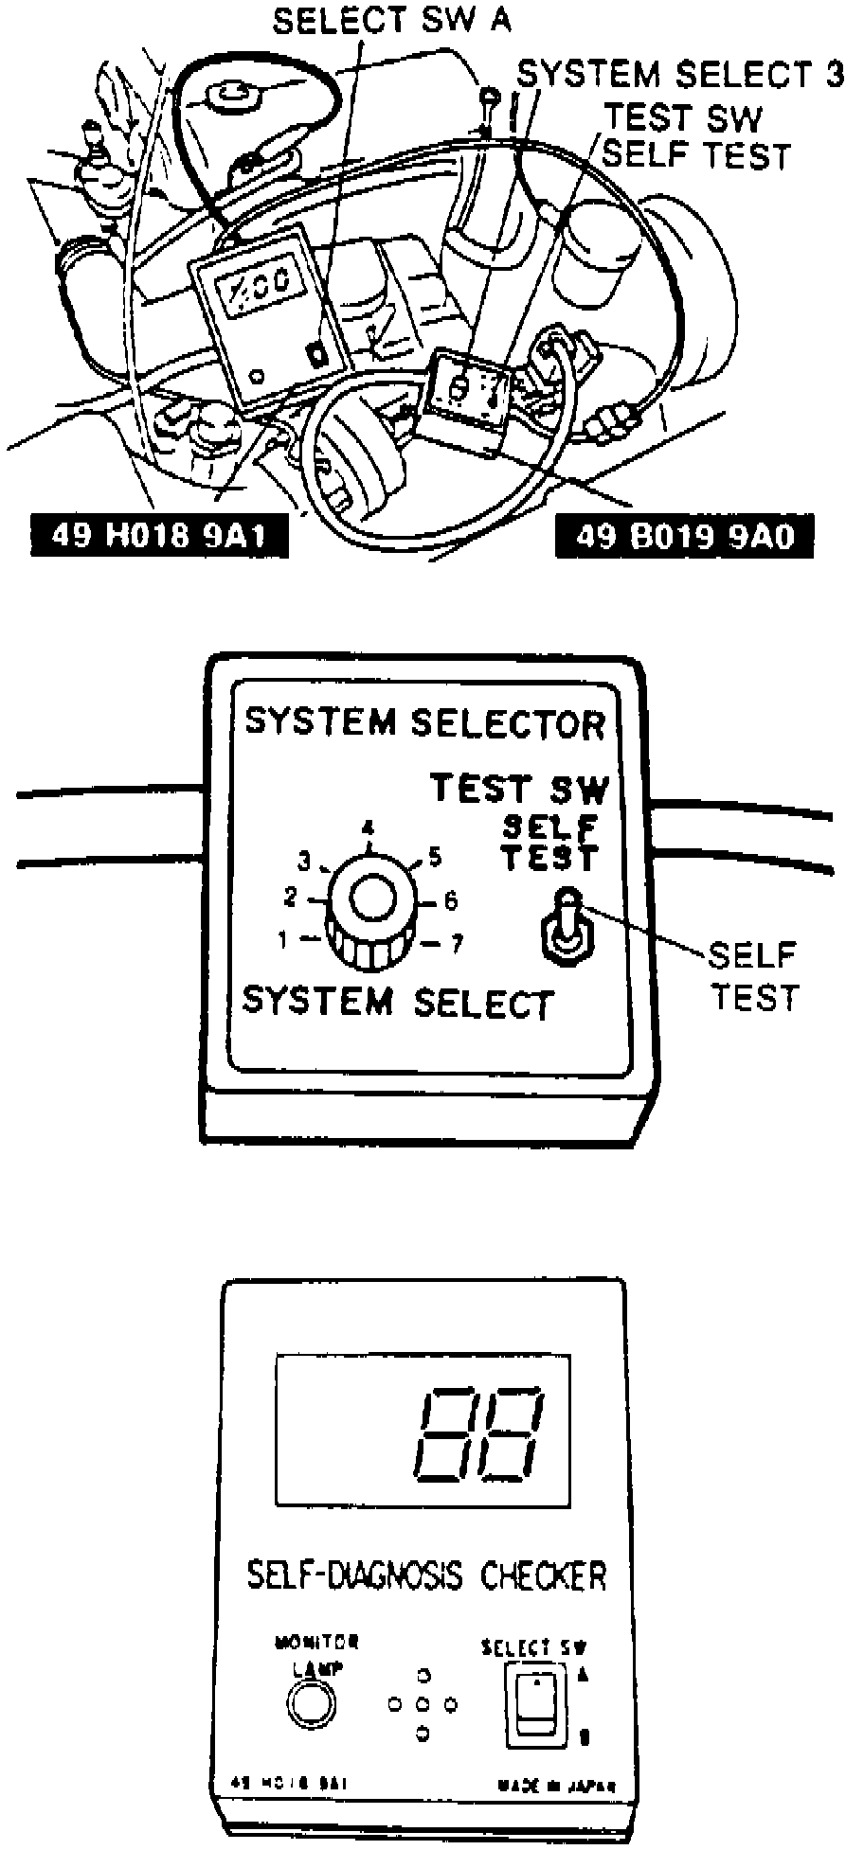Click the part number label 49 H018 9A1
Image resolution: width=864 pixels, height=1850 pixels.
pos(158,536)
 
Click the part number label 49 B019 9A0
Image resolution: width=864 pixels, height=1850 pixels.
pos(684,537)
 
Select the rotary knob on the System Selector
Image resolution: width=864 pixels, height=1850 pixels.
pos(370,910)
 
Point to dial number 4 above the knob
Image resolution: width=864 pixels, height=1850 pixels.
pos(368,828)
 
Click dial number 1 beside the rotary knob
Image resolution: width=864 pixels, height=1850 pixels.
pos(282,940)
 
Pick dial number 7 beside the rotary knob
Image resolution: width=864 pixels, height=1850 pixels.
pos(457,943)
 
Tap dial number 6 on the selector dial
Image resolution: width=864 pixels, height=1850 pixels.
pos(451,899)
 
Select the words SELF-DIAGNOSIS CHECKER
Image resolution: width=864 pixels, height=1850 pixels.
pos(425,1575)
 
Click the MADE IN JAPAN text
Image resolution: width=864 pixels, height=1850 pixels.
pos(556,1787)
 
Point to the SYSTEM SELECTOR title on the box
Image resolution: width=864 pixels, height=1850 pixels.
pos(424,723)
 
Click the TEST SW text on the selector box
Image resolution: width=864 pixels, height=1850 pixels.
pos(519,788)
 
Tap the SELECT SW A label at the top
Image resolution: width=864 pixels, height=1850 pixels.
pos(391,21)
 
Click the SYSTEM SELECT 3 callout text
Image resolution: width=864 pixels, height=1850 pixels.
pos(679,74)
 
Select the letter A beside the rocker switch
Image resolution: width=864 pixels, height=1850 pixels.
pos(584,1675)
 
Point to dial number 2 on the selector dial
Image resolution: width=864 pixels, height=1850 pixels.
pos(291,896)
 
